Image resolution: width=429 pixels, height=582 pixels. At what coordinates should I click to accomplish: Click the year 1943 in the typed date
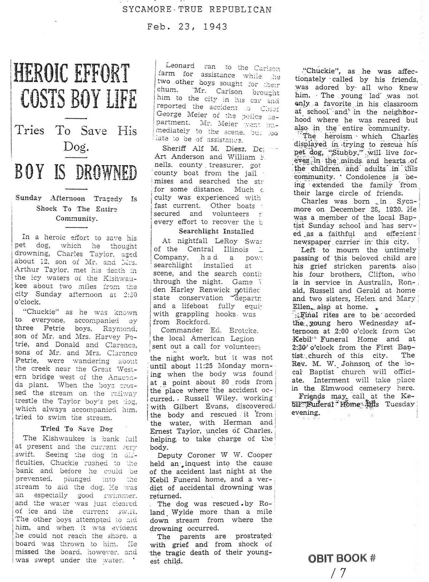click(215, 27)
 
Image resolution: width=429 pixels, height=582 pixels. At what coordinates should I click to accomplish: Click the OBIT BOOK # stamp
click(342, 558)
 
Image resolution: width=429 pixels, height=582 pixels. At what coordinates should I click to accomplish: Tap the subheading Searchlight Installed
click(216, 231)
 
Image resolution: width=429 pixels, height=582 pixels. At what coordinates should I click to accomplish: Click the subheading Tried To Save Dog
click(77, 429)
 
